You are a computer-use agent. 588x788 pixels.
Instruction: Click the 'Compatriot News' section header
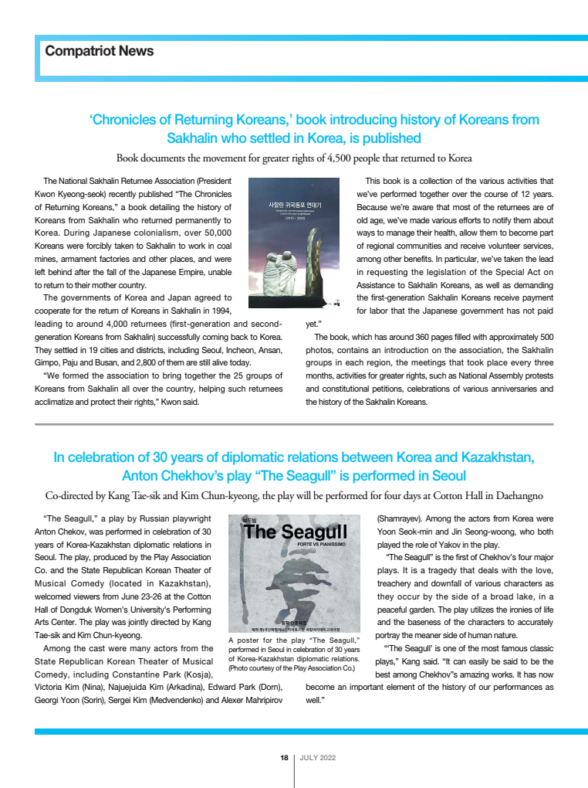point(99,52)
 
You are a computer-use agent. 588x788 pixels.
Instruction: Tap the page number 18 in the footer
point(284,758)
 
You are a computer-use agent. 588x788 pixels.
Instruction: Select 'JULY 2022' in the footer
point(317,758)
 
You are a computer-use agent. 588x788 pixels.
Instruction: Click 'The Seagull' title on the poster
point(296,532)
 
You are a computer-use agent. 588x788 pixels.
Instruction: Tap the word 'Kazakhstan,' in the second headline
point(495,457)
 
